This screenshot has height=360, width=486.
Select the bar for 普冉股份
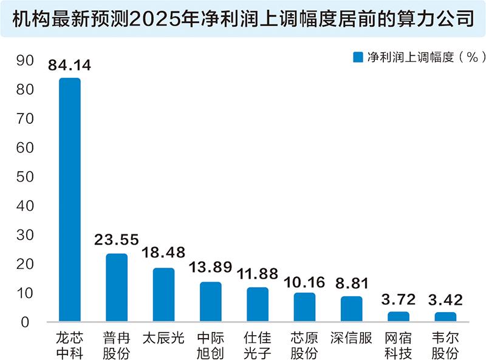tap(117, 287)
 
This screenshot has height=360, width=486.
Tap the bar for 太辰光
tap(163, 294)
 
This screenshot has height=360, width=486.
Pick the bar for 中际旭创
tap(211, 301)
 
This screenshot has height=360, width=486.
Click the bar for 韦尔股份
tap(445, 316)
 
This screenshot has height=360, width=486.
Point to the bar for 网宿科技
tap(399, 316)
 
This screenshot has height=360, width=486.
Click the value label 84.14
tap(69, 65)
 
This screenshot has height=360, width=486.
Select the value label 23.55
tap(117, 240)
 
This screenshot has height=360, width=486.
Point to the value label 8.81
tap(351, 284)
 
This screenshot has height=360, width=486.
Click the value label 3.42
tap(445, 299)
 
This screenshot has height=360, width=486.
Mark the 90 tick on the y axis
tap(24, 61)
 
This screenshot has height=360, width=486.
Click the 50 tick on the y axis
tap(24, 177)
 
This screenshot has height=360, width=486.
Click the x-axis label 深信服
tap(351, 338)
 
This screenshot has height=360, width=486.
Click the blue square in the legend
tap(358, 57)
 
